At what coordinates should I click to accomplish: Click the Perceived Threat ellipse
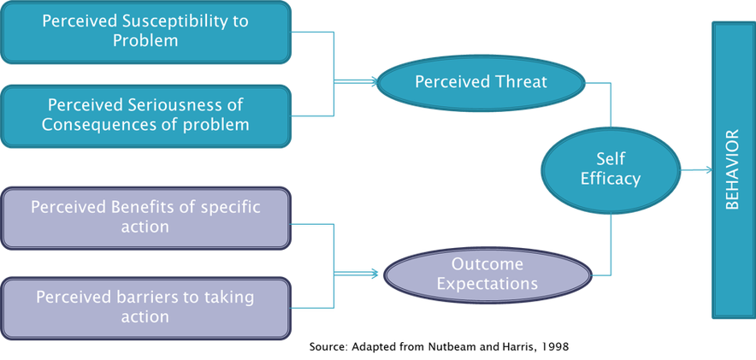[x=481, y=82]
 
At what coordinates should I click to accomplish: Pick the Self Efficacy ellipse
[x=611, y=168]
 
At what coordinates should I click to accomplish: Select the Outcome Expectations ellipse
[x=487, y=274]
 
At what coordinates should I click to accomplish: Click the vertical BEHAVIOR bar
[x=733, y=169]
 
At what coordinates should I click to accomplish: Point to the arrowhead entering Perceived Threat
[x=375, y=82]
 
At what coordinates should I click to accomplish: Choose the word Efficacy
[x=611, y=179]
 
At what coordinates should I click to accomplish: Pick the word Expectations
[x=487, y=283]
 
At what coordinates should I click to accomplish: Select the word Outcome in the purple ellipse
[x=487, y=263]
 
